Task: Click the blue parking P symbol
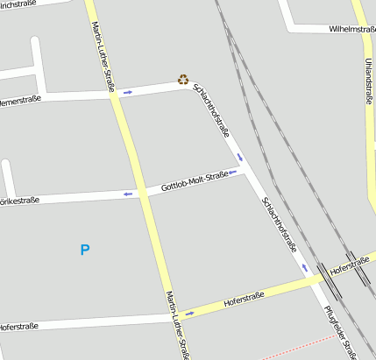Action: (85, 251)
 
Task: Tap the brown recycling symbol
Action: (183, 79)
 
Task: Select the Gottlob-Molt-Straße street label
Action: (195, 183)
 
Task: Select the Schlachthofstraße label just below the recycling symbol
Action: (212, 114)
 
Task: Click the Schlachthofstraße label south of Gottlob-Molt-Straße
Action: (280, 225)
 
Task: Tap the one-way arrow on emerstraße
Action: (128, 91)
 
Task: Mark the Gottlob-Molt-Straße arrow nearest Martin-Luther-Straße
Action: (128, 193)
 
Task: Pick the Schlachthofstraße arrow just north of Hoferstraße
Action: (306, 266)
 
